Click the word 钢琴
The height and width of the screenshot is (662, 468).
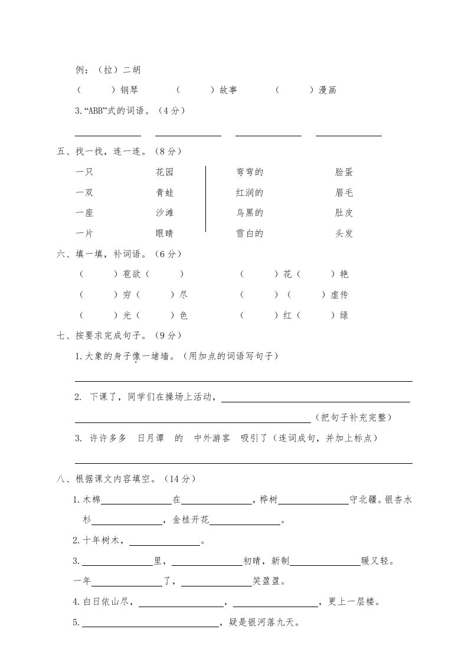coord(129,90)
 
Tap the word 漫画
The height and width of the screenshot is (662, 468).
coord(328,90)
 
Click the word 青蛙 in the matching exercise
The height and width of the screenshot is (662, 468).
coord(165,192)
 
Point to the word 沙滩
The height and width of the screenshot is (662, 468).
coord(165,212)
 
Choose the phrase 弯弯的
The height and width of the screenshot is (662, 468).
coord(249,172)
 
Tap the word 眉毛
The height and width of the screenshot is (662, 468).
coord(344,192)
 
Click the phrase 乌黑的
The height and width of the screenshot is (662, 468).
coord(249,212)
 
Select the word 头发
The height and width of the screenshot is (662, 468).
coord(344,233)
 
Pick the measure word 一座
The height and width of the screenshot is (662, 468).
coord(85,212)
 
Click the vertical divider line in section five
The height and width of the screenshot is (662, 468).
coord(205,199)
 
